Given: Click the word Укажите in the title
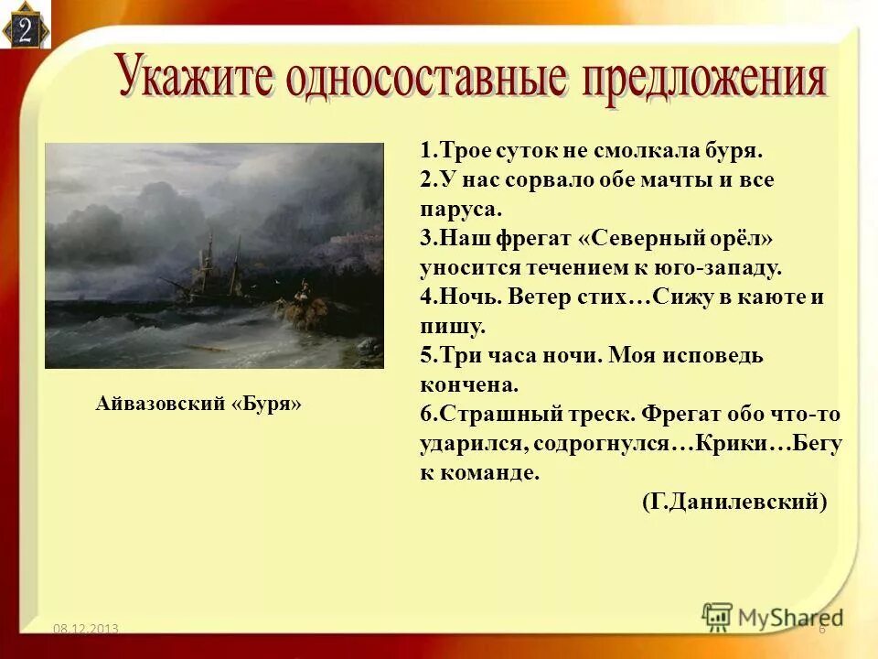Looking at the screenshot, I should coord(195,78).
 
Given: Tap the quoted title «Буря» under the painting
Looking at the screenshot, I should coord(271,403).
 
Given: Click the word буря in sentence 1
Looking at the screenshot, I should coord(733,150).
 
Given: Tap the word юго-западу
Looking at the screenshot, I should coord(723,267).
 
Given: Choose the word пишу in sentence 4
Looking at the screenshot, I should coord(451,326).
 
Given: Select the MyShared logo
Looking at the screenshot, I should coord(773,616).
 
